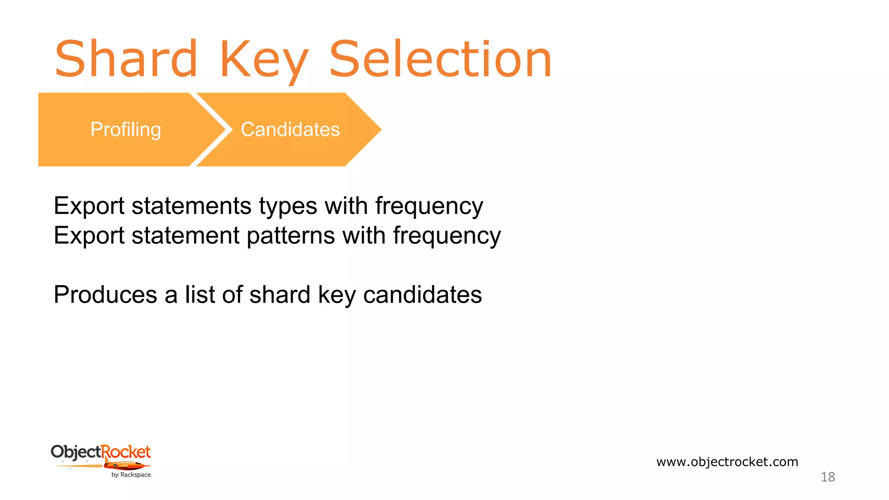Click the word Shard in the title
point(126,59)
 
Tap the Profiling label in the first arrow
point(125,129)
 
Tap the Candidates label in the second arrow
point(290,129)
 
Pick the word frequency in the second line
point(447,236)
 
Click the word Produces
point(105,295)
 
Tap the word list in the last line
point(200,295)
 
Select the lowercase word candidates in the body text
point(422,295)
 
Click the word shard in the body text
point(280,295)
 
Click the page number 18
point(827,477)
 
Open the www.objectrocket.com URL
point(727,462)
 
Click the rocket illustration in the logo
point(126,466)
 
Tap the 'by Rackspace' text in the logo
point(131,475)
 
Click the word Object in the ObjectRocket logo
point(76,452)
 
